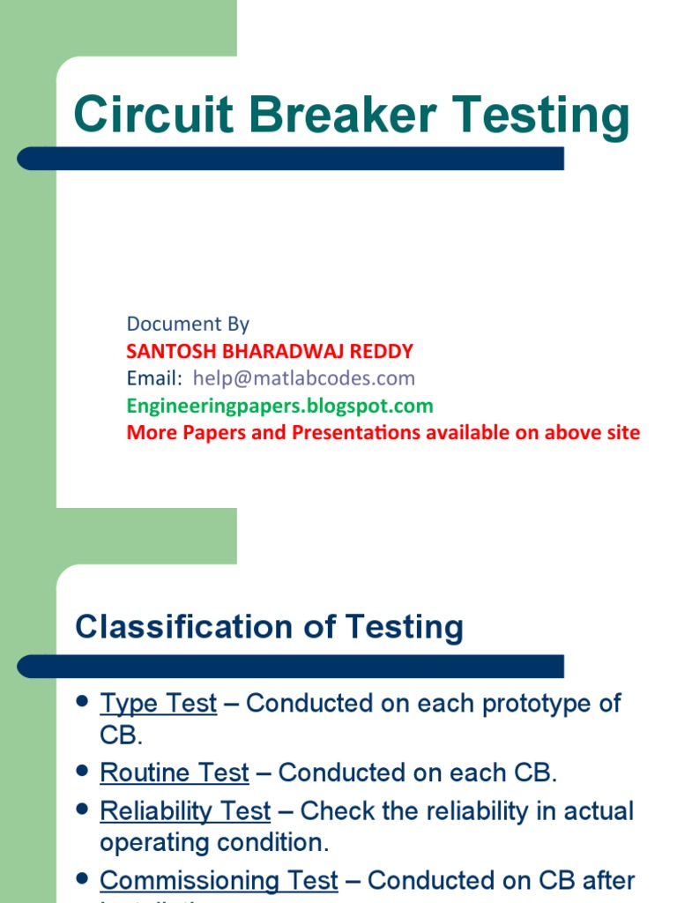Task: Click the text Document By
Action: click(x=188, y=324)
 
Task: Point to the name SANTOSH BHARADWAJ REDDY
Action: click(x=270, y=351)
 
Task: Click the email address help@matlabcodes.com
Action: click(x=303, y=378)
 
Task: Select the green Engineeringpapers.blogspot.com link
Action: click(x=280, y=406)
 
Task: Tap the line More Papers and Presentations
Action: click(x=383, y=433)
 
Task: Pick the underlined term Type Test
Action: click(x=159, y=704)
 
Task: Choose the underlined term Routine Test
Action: click(x=175, y=772)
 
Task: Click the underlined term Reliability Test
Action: click(x=185, y=811)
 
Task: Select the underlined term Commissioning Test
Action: click(x=219, y=880)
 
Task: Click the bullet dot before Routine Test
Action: click(x=83, y=771)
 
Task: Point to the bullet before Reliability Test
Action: click(x=83, y=809)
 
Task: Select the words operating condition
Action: click(x=214, y=842)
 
